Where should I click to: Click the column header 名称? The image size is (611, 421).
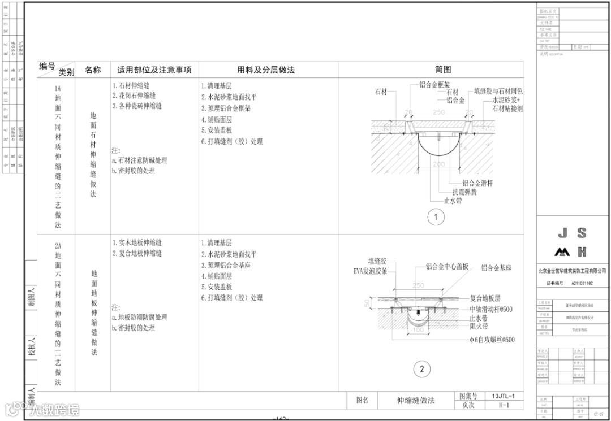coord(93,70)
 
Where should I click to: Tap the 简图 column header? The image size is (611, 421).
coord(443,70)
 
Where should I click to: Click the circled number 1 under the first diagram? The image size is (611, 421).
coord(436,217)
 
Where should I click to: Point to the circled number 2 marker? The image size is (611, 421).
coord(422,370)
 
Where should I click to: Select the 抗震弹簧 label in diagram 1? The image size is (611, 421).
coord(464,192)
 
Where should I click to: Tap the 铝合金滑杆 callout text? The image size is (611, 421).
coord(477,183)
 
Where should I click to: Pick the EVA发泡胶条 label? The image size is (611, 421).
coord(370,271)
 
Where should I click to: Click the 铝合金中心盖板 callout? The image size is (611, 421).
coord(447,267)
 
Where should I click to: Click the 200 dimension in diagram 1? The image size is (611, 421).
coord(438,164)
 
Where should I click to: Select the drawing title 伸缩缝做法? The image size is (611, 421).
coord(416,401)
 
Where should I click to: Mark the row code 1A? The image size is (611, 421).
coord(57,89)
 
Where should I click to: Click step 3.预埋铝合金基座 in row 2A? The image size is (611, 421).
coord(226,265)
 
